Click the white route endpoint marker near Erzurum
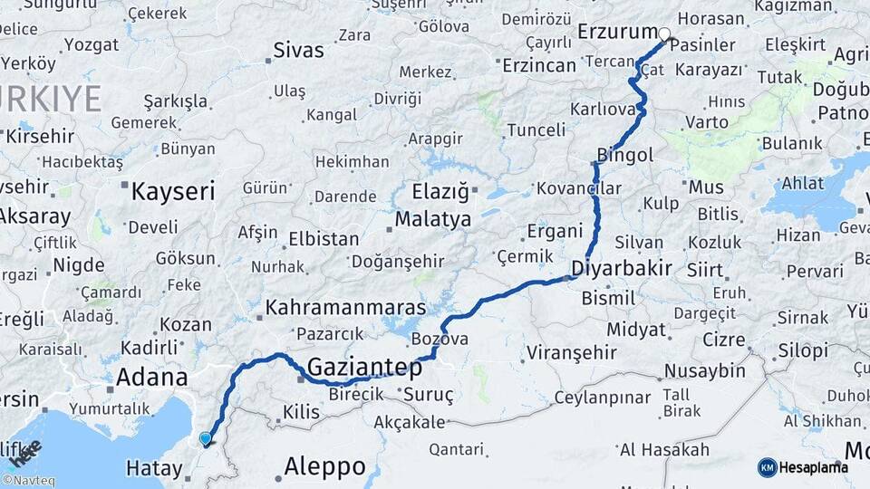[664, 34]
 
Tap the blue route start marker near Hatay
[206, 439]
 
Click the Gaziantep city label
[365, 368]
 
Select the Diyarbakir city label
[622, 268]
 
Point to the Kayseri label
[172, 191]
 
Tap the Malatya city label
[432, 219]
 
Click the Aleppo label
[324, 467]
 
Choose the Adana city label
[152, 377]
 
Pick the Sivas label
[298, 50]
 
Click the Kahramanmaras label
[344, 308]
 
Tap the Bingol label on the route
[625, 155]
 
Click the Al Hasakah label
[663, 450]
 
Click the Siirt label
[704, 270]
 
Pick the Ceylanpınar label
[603, 398]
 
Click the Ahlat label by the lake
[803, 182]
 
